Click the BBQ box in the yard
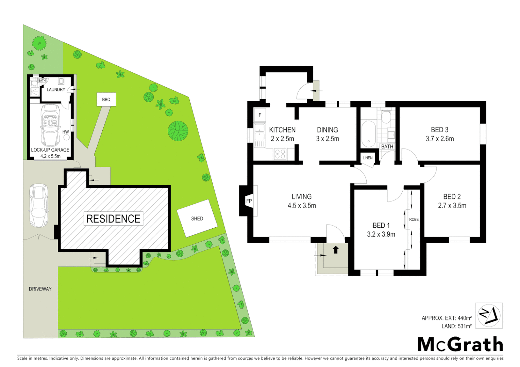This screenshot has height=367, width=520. pyautogui.click(x=106, y=100)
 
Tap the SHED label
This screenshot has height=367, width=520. pyautogui.click(x=197, y=219)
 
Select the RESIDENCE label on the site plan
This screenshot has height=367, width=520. pyautogui.click(x=113, y=219)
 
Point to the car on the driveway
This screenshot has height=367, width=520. pyautogui.click(x=38, y=205)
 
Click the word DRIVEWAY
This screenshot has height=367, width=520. pyautogui.click(x=40, y=289)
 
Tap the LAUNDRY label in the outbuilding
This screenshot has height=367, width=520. pyautogui.click(x=56, y=89)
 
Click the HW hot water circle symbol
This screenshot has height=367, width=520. pyautogui.click(x=67, y=137)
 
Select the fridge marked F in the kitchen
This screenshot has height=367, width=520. pyautogui.click(x=260, y=115)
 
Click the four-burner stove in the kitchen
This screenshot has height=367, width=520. pyautogui.click(x=280, y=154)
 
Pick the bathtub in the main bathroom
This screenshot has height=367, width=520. pyautogui.click(x=368, y=133)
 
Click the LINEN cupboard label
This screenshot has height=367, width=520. pyautogui.click(x=367, y=158)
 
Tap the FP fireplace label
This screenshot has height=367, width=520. pyautogui.click(x=249, y=201)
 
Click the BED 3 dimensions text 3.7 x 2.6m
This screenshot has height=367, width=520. pyautogui.click(x=439, y=139)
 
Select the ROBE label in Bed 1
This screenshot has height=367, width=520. pyautogui.click(x=414, y=220)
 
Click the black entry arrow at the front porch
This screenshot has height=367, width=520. pyautogui.click(x=336, y=250)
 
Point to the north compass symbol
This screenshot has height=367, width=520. pyautogui.click(x=489, y=315)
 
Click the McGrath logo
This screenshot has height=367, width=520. pyautogui.click(x=460, y=344)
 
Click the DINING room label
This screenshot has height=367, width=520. pyautogui.click(x=327, y=130)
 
